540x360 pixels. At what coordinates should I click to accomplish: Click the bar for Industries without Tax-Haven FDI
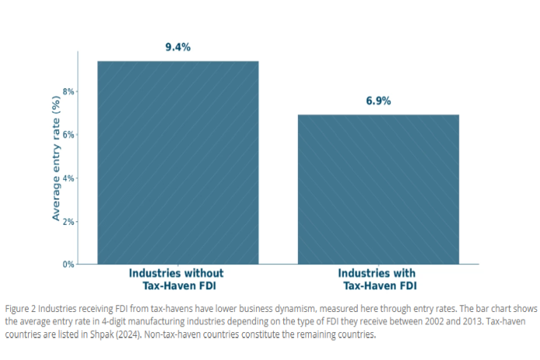tap(178, 162)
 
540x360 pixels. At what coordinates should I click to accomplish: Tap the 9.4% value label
tap(178, 47)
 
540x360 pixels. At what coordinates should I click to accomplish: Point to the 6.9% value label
tap(379, 101)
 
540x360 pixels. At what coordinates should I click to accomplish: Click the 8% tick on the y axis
tap(67, 92)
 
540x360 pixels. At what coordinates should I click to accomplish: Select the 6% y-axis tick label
tap(67, 135)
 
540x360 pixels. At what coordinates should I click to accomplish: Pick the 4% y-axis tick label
tap(67, 178)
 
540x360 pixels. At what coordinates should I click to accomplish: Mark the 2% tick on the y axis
tap(67, 221)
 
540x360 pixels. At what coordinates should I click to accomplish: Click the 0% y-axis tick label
tap(67, 265)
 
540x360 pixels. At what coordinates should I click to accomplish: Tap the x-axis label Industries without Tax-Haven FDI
tap(177, 279)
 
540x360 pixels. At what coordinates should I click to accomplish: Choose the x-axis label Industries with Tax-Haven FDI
tap(378, 279)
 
